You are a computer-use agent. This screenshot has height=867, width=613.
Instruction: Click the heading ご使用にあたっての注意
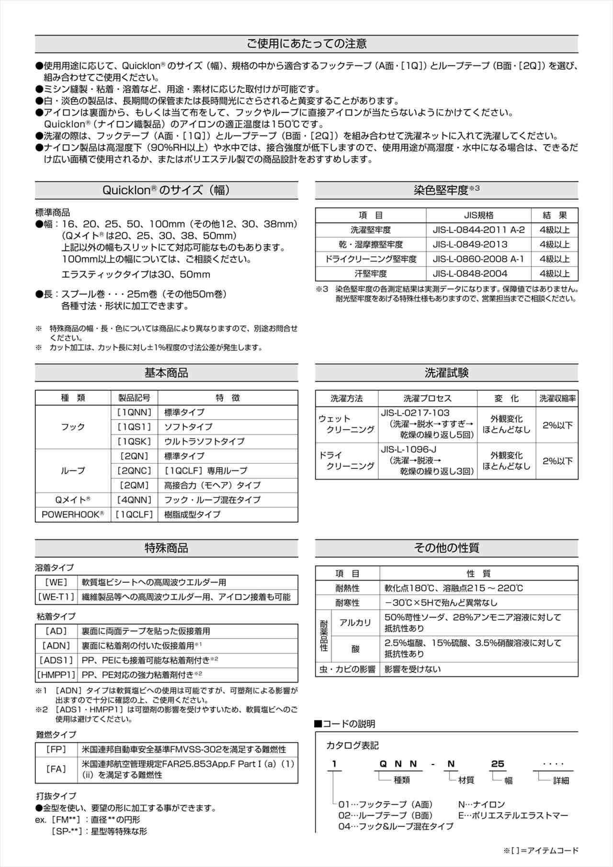point(306,44)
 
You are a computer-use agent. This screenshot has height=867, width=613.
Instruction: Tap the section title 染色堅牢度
point(441,190)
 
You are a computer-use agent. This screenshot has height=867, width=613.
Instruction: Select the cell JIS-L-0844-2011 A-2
point(478,230)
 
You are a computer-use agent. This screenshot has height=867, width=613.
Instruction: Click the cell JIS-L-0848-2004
point(470,274)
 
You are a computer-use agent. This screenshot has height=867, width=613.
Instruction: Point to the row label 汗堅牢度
point(370,274)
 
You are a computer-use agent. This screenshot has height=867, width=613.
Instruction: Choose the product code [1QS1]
point(134,427)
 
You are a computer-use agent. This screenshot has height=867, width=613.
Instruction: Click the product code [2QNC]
point(134,471)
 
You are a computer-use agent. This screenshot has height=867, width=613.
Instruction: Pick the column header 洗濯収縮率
point(557,399)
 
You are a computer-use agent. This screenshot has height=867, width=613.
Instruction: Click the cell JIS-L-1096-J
point(409,450)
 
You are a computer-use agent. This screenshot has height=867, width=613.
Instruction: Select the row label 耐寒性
point(347,603)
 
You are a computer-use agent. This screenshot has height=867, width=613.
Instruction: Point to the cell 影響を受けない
point(413,669)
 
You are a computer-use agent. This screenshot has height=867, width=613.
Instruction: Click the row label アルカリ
point(355,623)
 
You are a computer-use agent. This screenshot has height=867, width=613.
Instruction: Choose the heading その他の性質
point(446,548)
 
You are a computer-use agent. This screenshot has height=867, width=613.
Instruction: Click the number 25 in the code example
point(498,764)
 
